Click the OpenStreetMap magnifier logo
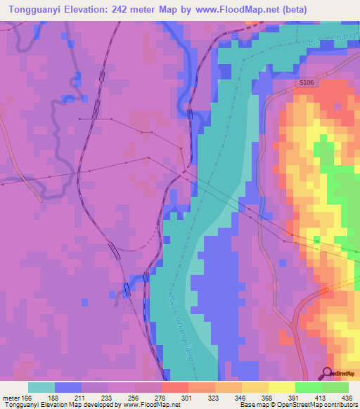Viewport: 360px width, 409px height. (328, 374)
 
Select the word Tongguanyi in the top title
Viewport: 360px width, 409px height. (32, 9)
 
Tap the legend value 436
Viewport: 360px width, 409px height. (347, 398)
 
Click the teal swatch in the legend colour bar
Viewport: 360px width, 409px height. (41, 387)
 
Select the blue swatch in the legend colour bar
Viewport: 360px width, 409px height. (67, 387)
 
